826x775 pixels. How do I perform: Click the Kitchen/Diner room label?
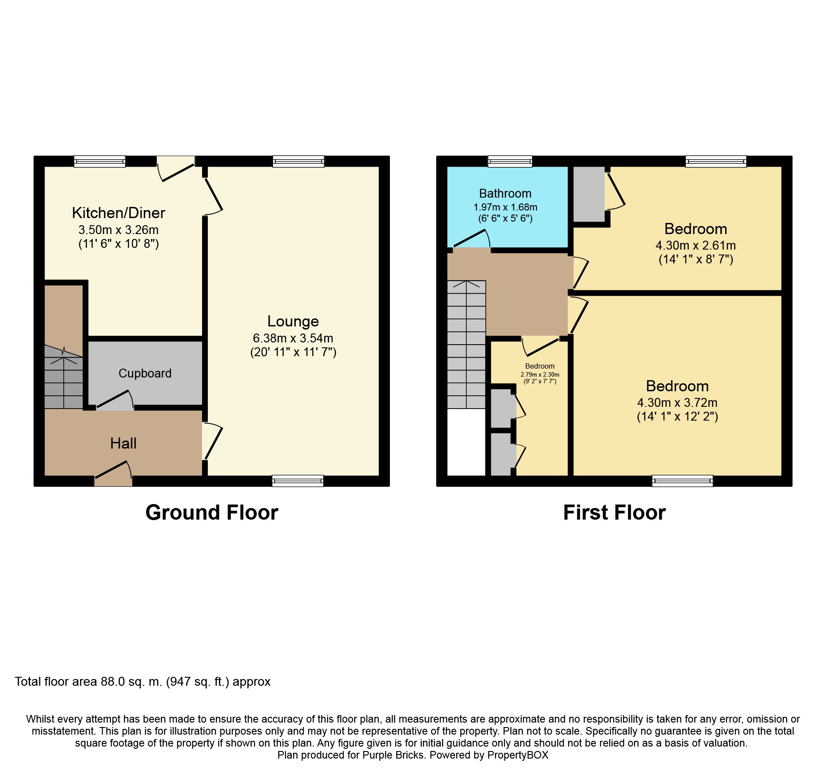118,213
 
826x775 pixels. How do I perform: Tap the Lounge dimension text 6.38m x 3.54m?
293,338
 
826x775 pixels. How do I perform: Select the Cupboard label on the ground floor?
145,374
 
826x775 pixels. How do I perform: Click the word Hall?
123,443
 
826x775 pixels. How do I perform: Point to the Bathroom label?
505,194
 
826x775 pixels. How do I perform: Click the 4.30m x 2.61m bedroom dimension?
695,246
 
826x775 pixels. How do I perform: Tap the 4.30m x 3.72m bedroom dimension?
677,403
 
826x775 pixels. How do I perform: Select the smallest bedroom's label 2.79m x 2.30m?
540,374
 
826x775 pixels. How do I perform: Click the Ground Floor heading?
211,513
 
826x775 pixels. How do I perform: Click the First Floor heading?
614,513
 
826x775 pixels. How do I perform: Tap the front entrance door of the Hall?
113,475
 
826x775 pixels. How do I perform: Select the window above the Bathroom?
510,161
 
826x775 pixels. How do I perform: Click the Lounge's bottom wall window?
298,481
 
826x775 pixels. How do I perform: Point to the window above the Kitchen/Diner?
99,161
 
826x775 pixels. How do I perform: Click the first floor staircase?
466,344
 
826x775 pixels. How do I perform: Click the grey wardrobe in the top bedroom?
589,194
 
